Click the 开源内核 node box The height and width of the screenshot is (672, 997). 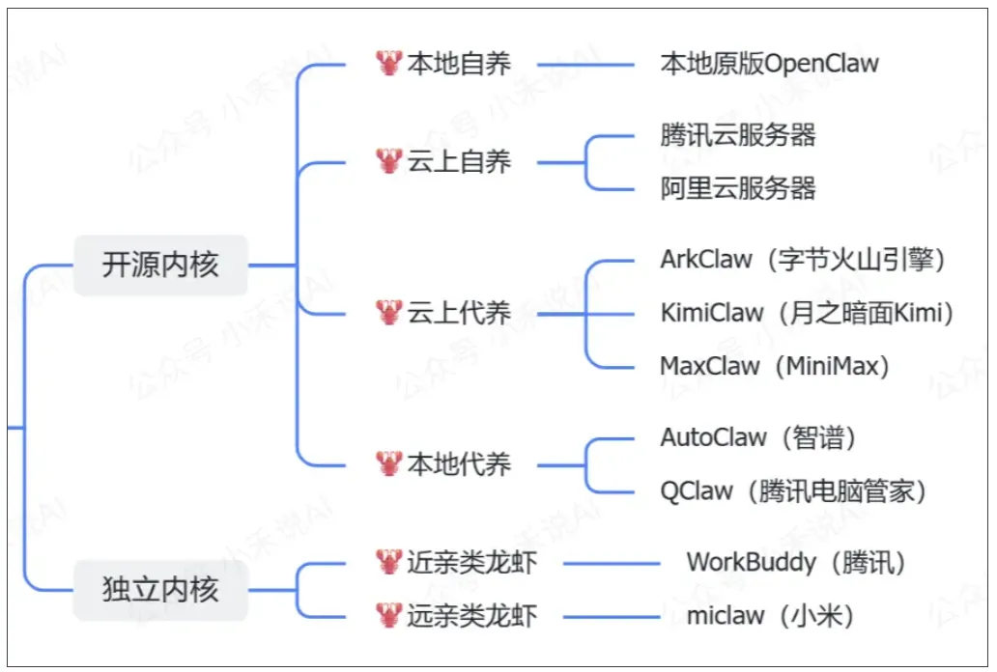pos(160,265)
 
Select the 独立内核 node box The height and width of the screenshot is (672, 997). pos(160,589)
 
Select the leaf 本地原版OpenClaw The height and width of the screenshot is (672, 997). pos(769,65)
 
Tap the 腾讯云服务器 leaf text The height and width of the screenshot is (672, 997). pos(738,135)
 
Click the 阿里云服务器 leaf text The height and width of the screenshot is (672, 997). pos(738,187)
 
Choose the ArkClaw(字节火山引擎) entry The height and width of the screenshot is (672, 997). pos(802,260)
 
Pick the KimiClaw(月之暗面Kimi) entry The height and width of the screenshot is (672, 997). pos(807,313)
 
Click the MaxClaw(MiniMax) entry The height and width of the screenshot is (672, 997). pos(775,366)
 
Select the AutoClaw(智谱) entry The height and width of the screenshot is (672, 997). pos(758,437)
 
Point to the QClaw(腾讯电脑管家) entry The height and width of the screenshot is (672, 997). pos(793,490)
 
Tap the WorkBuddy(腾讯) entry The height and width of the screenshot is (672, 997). pos(796,562)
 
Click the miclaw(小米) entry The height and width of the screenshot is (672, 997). pos(770,615)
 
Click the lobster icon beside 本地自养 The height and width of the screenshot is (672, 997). pos(388,64)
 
